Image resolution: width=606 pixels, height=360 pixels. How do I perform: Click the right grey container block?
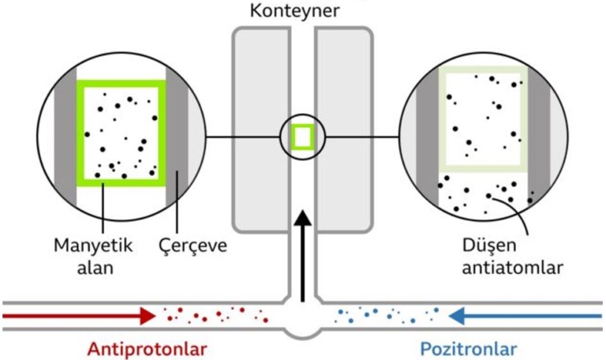(x=344, y=126)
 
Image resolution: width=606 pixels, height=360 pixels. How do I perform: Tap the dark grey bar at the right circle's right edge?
(x=539, y=134)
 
